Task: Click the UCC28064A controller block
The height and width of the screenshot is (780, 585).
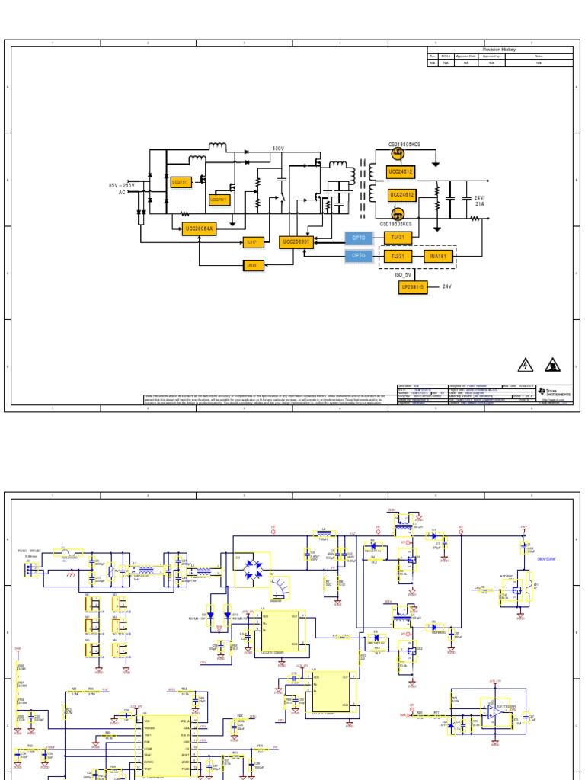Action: (x=200, y=228)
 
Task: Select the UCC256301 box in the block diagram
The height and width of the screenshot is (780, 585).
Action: (x=296, y=242)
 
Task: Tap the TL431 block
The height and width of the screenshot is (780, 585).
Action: (x=398, y=238)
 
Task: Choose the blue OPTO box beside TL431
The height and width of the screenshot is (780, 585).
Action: (x=360, y=238)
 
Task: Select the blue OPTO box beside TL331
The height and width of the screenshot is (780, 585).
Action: (x=360, y=257)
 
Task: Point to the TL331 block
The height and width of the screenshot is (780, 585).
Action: (x=398, y=257)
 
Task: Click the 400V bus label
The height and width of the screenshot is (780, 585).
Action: (x=278, y=149)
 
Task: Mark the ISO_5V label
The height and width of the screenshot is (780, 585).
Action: (x=403, y=274)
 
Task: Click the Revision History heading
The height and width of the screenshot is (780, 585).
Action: (x=499, y=50)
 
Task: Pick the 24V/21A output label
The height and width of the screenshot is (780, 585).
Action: (x=480, y=201)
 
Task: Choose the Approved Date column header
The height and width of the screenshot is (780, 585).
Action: (x=466, y=56)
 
